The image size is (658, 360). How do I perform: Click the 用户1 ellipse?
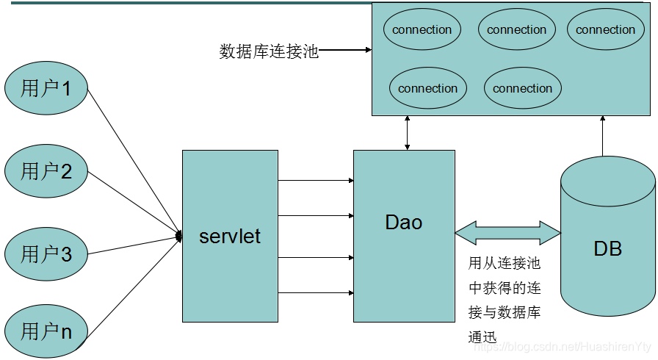(x=47, y=89)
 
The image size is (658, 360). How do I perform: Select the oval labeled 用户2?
(x=47, y=172)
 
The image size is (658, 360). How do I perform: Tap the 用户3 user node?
(x=47, y=254)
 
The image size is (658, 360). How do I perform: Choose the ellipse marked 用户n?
(x=47, y=331)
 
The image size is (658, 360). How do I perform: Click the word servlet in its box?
(x=230, y=237)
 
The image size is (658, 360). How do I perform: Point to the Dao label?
(x=403, y=222)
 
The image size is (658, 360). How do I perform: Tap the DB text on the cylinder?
(x=607, y=248)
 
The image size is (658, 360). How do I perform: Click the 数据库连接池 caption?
(x=269, y=51)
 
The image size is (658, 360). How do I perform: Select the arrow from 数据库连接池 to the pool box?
(x=345, y=51)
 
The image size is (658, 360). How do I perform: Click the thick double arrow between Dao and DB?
(x=507, y=233)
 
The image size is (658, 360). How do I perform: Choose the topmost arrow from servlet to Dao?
(x=316, y=180)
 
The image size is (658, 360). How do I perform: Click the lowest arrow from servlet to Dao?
(x=316, y=292)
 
